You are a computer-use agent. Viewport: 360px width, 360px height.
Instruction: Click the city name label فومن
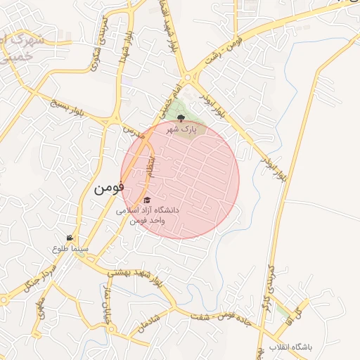(x=108, y=188)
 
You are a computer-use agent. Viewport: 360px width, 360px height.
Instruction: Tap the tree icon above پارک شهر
(x=181, y=119)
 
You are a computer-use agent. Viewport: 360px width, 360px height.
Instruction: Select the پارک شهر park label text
(x=180, y=130)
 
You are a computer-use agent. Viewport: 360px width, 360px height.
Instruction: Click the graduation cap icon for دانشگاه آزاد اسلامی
(x=147, y=200)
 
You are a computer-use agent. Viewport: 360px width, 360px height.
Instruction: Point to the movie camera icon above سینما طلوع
(x=70, y=238)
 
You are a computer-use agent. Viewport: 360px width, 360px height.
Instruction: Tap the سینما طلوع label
(x=70, y=248)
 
